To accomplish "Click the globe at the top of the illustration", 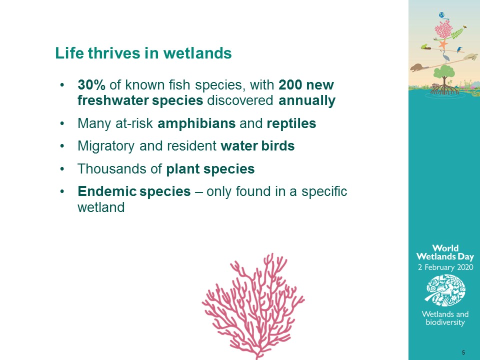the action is (x=441, y=15).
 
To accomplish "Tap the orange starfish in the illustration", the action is (x=442, y=44).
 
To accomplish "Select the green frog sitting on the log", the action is (x=424, y=46).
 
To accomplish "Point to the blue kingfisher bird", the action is (x=459, y=49).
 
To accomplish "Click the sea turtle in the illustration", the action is (x=470, y=56).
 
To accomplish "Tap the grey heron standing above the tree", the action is (x=445, y=56).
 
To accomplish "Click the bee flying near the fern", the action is (x=464, y=26).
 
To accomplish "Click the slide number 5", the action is (x=463, y=352).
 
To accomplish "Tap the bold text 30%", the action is (x=91, y=85).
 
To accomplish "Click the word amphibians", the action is (x=196, y=123).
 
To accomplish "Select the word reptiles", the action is (x=291, y=123).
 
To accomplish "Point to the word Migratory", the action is (x=106, y=146).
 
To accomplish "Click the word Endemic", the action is (x=107, y=191).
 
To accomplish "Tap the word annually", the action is (x=307, y=100).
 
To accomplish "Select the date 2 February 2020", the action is (x=445, y=267).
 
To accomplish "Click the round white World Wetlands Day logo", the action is (x=445, y=290).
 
